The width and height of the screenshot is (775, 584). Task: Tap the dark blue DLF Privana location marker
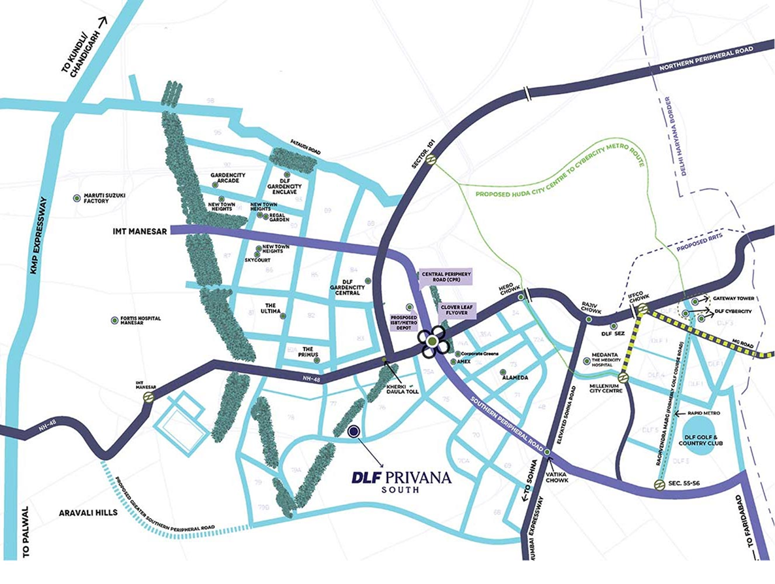point(354,431)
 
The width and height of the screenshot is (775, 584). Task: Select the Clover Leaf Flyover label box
point(456,309)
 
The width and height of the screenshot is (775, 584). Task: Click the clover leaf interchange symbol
point(432,342)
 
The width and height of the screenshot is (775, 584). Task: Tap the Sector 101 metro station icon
point(431,159)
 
